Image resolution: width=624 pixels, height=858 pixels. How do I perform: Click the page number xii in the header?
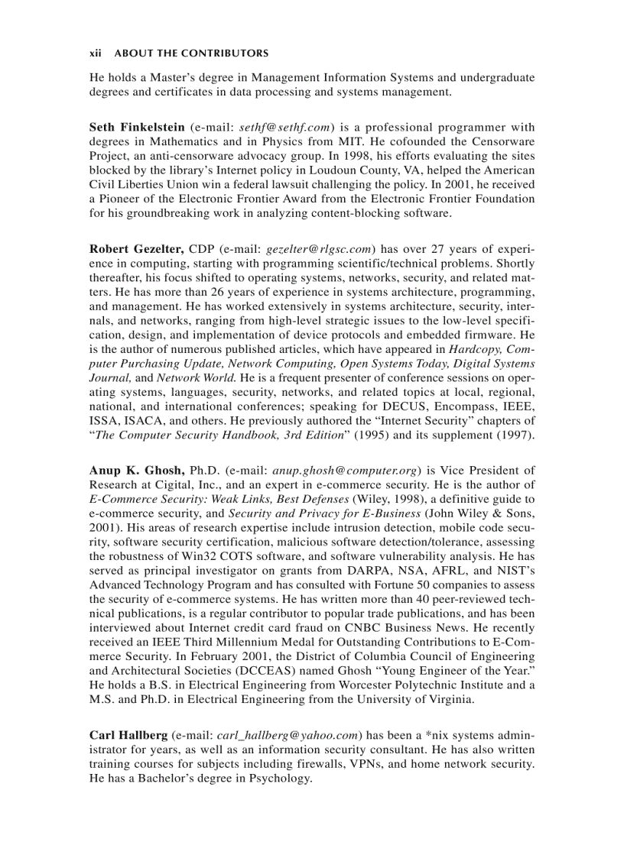[x=95, y=53]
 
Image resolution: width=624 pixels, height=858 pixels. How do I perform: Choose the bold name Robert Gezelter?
[x=136, y=248]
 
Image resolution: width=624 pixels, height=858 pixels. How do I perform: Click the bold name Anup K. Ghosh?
[x=136, y=471]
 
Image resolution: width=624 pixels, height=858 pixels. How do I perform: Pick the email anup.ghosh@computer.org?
[x=343, y=471]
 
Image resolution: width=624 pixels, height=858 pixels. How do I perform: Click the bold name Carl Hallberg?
[x=128, y=736]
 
